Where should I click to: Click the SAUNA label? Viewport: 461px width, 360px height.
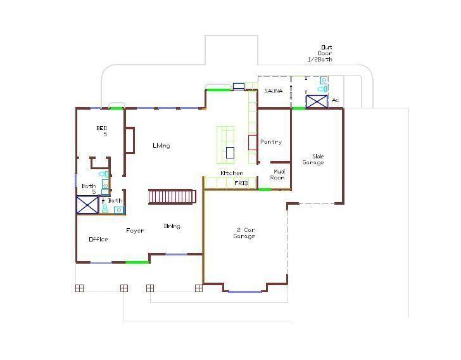[x=273, y=91]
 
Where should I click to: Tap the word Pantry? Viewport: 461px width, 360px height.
[x=271, y=142]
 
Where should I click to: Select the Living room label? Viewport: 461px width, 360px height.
[x=161, y=146]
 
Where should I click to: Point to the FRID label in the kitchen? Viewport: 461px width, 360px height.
[x=241, y=183]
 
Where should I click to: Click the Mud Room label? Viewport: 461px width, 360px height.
[x=279, y=174]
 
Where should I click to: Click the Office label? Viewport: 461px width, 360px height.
[x=98, y=239]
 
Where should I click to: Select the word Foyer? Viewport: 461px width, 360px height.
[x=134, y=231]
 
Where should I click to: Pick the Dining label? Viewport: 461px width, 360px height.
[x=172, y=226]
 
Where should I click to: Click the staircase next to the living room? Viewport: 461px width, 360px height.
[x=170, y=196]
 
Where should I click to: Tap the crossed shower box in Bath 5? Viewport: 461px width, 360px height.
[x=87, y=205]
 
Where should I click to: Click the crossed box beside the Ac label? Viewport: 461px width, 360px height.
[x=317, y=101]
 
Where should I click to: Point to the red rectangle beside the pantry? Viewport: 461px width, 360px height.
[x=252, y=142]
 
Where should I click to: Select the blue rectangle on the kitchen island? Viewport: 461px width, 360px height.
[x=230, y=152]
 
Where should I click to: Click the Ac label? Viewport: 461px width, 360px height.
[x=336, y=100]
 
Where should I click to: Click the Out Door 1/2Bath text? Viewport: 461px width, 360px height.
[x=320, y=53]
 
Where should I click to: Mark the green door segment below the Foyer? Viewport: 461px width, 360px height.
[x=137, y=262]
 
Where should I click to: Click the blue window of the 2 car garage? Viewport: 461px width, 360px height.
[x=244, y=292]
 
